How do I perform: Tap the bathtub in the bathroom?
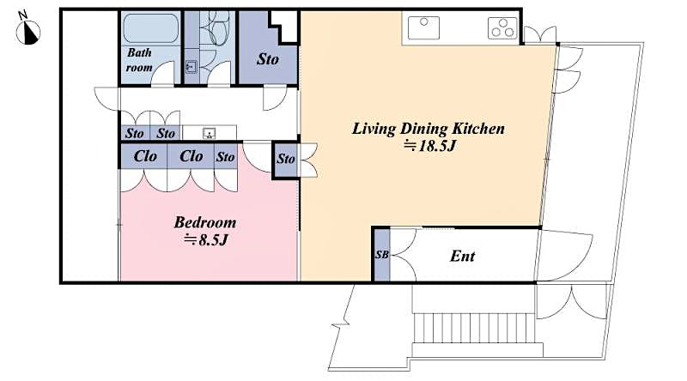(150, 28)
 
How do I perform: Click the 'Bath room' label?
(140, 59)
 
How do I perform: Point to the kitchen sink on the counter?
(424, 28)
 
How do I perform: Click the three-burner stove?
(502, 28)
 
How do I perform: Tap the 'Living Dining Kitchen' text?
(428, 129)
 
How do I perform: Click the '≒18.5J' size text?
(428, 148)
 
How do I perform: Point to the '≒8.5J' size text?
(205, 239)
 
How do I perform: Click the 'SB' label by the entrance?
(381, 255)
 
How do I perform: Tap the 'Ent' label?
(462, 256)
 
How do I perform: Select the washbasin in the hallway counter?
(209, 133)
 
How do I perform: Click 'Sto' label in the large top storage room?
(268, 59)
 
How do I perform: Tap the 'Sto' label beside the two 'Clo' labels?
(225, 157)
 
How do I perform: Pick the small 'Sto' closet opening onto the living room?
(285, 160)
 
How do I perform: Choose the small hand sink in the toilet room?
(191, 69)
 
